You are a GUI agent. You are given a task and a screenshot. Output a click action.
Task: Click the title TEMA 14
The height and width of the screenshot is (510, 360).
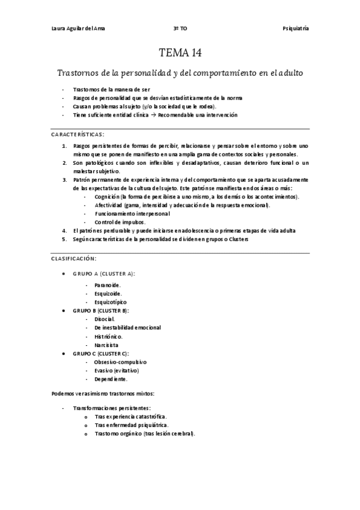[180, 52]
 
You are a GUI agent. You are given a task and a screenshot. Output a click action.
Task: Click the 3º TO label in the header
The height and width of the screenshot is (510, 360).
[180, 28]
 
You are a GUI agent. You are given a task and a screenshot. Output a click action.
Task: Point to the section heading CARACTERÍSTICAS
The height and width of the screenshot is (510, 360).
[77, 134]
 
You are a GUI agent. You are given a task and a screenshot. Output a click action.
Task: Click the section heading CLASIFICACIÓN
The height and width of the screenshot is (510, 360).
[73, 258]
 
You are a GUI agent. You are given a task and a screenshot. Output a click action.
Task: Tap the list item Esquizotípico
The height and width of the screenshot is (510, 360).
[111, 301]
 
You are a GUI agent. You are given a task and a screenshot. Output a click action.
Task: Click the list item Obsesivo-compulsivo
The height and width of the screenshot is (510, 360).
[120, 362]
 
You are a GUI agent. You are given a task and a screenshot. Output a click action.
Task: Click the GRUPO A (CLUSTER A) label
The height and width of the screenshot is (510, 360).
[104, 273]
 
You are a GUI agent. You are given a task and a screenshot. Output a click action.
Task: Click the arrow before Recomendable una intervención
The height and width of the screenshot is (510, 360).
[153, 115]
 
